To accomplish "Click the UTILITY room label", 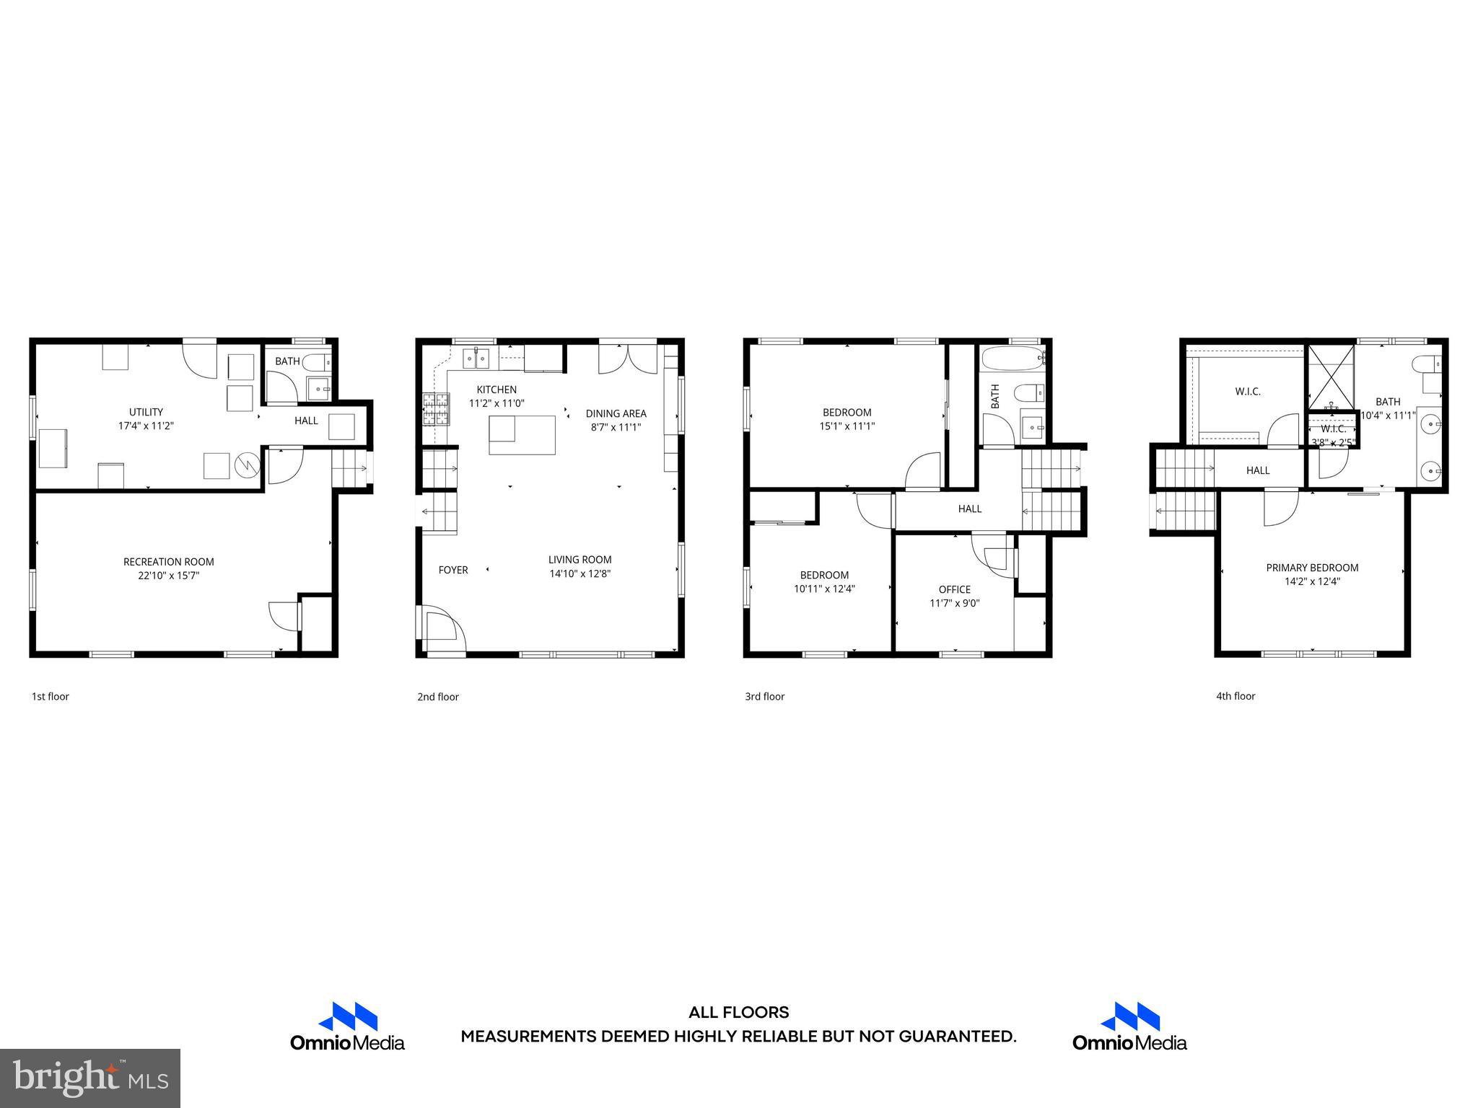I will point(146,412).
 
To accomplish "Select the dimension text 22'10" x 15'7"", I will point(168,576).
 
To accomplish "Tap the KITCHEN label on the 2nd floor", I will point(497,390).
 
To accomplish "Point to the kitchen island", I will point(522,435).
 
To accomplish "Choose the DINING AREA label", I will point(616,413).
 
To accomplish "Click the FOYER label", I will point(453,570).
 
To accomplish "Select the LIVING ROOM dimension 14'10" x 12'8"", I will point(580,574).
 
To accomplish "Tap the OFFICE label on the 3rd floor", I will point(954,589).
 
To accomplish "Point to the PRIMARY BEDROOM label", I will point(1312,568).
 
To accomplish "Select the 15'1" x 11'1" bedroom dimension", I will point(847,426).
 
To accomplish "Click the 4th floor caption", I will point(1236,696).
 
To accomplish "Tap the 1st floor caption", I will point(50,696).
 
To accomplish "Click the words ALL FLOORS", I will point(738,1013).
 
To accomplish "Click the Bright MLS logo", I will point(90,1078).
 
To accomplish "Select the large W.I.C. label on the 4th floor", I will point(1248,392).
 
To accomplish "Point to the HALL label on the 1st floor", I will point(306,421).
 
